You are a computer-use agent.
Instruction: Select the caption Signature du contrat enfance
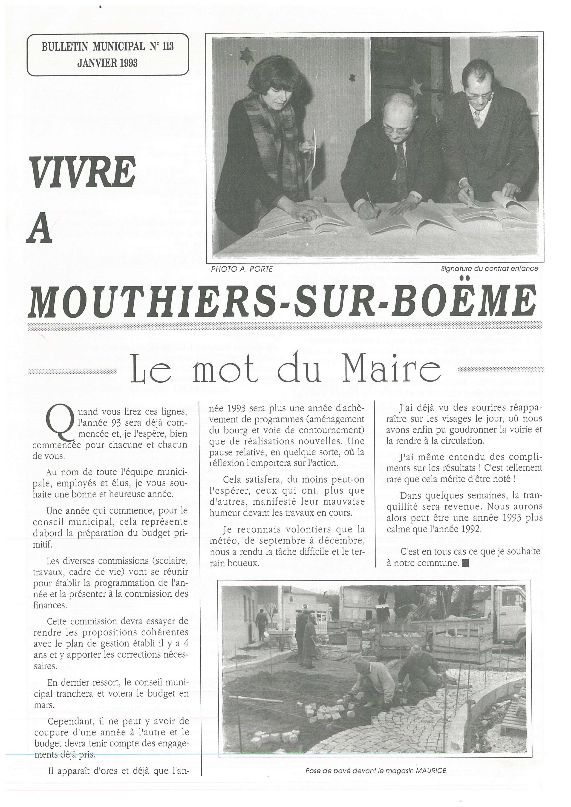tap(489, 269)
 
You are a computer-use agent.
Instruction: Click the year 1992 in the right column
tap(473, 528)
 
